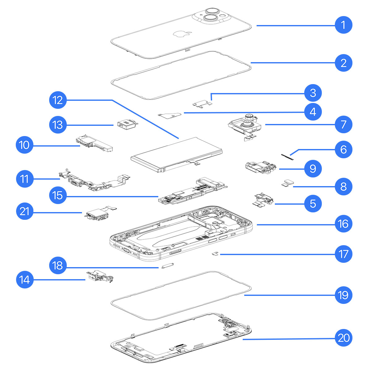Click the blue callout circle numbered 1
click(x=343, y=25)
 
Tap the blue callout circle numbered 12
click(x=58, y=100)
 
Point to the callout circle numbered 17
click(x=343, y=254)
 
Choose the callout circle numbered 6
click(x=343, y=150)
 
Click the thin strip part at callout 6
click(x=288, y=156)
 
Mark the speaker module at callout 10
click(x=94, y=145)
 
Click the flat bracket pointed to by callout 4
click(x=170, y=114)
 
